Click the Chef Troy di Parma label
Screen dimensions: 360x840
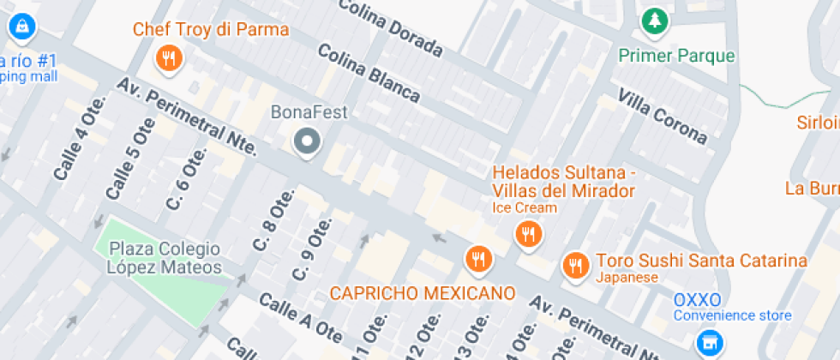click(x=210, y=30)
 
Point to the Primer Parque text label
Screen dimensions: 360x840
click(x=677, y=57)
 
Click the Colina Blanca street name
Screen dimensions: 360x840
click(x=369, y=73)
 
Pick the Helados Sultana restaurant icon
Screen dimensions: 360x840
click(x=527, y=233)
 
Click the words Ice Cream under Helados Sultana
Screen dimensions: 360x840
click(x=525, y=207)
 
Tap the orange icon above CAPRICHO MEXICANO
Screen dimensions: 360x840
click(x=477, y=257)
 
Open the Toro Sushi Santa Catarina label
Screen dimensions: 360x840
click(x=701, y=261)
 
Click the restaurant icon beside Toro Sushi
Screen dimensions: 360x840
click(x=575, y=265)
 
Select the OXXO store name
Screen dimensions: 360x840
click(x=697, y=300)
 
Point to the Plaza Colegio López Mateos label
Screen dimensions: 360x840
click(x=165, y=258)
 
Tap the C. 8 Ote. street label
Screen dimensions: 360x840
click(x=269, y=225)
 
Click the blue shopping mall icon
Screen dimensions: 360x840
click(x=19, y=27)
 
